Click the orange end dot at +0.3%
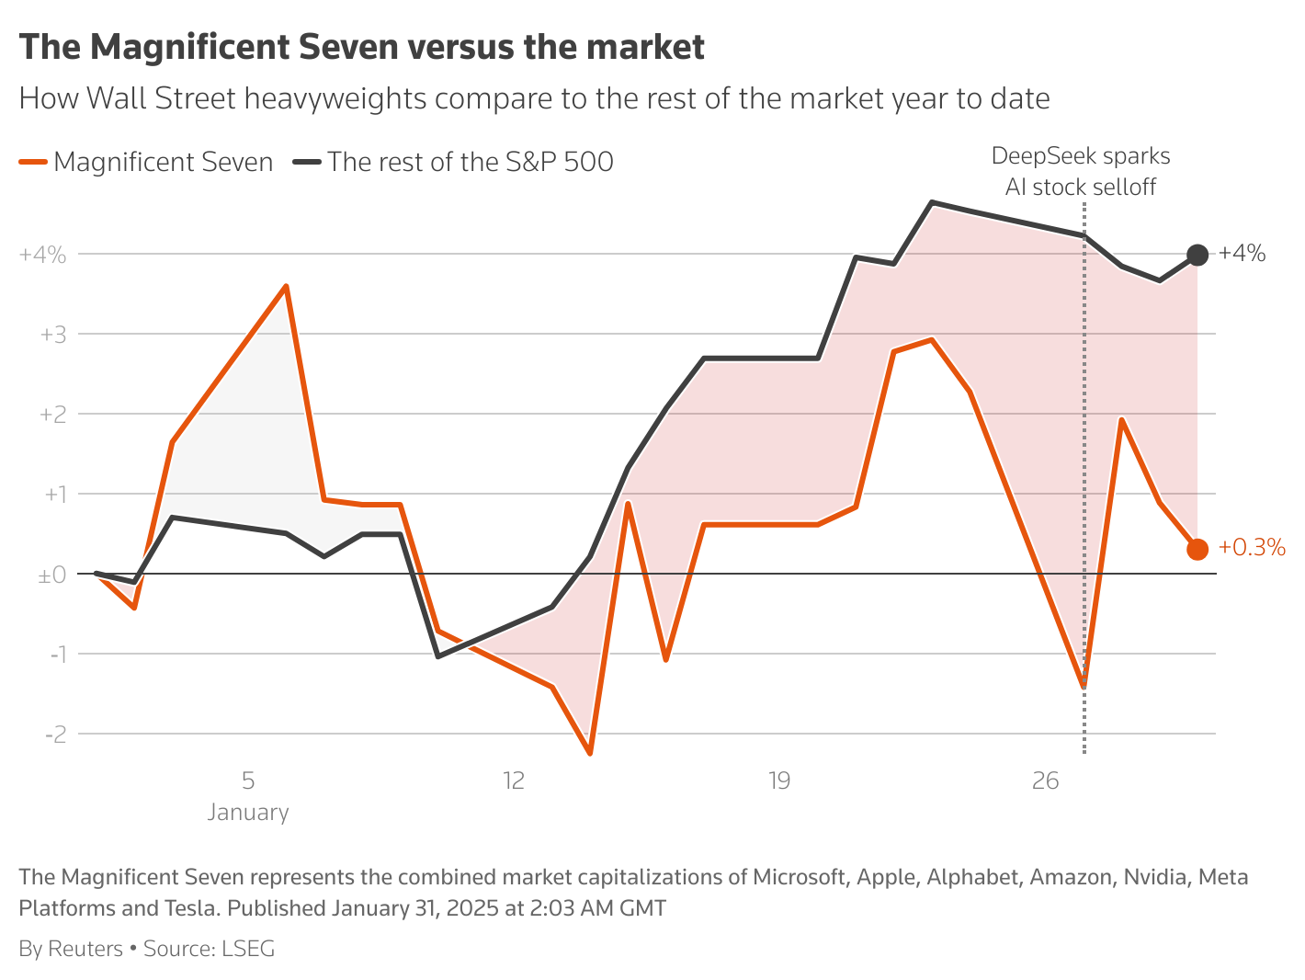click(x=1197, y=549)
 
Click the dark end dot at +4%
click(x=1197, y=255)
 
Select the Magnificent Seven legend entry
click(x=147, y=163)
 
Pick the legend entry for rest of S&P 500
click(x=454, y=163)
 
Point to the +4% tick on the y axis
click(x=43, y=255)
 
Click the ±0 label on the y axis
click(x=51, y=575)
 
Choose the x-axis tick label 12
click(x=513, y=781)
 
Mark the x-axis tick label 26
click(x=1045, y=781)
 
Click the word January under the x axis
click(x=248, y=813)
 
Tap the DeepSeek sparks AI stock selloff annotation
click(x=1081, y=172)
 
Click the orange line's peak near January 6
click(x=286, y=287)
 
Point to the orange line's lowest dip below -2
click(x=590, y=753)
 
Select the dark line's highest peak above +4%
click(x=932, y=202)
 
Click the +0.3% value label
click(x=1251, y=548)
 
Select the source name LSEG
click(x=248, y=949)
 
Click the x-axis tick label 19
click(x=778, y=781)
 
